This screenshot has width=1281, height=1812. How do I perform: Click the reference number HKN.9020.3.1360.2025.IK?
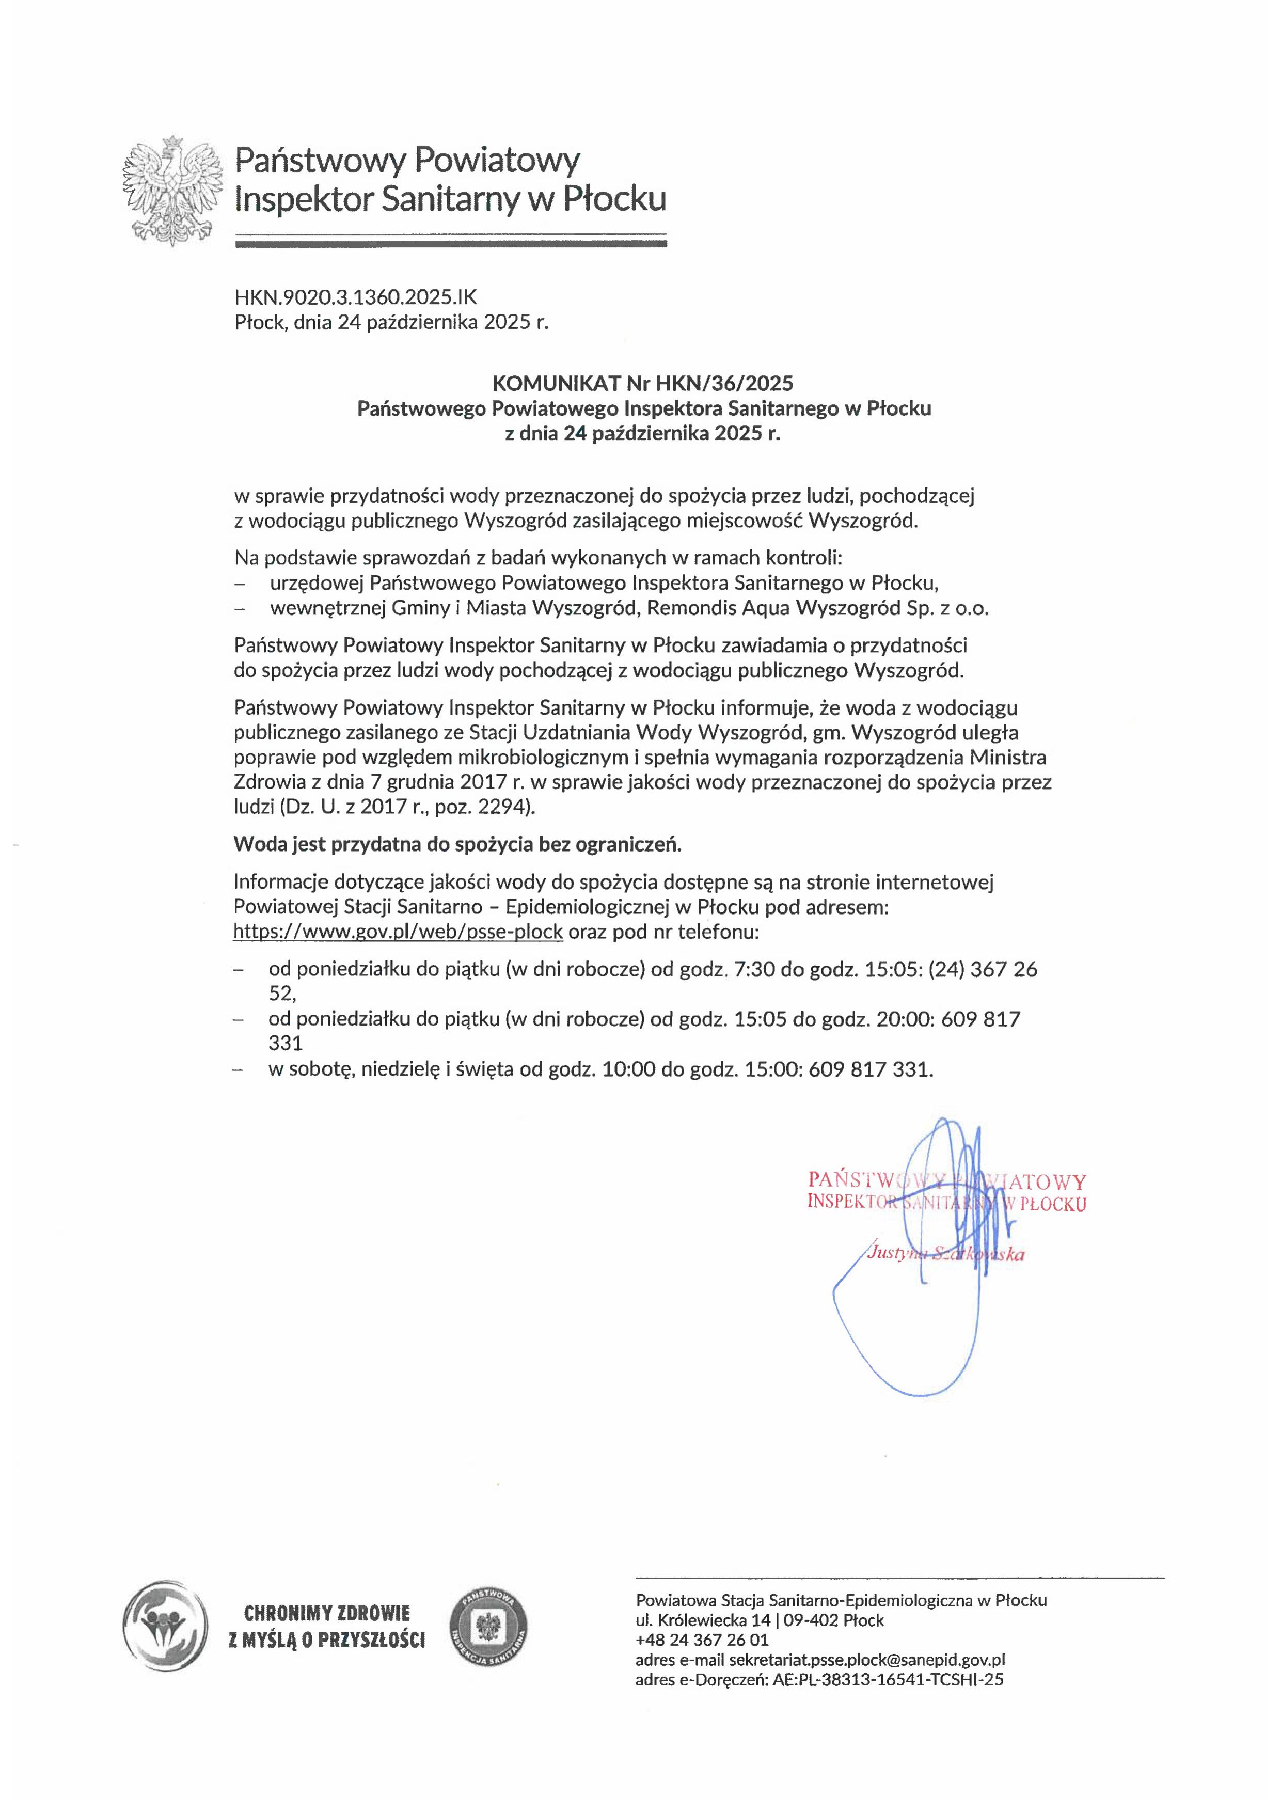click(355, 297)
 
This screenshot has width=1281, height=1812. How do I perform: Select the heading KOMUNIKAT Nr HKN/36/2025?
click(642, 384)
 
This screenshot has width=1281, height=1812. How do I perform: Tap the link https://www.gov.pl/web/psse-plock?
click(398, 932)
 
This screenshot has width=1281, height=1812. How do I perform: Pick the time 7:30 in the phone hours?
click(754, 969)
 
